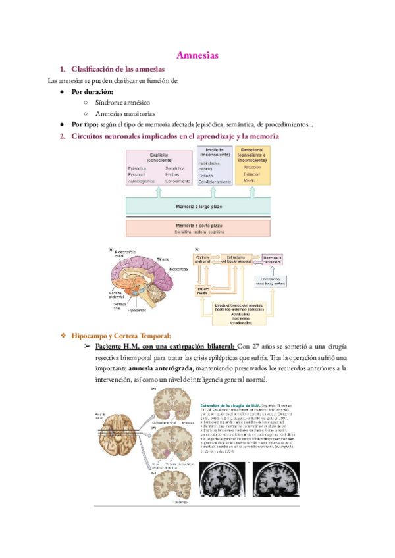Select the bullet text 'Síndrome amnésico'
(123, 103)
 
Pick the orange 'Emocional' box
(252, 165)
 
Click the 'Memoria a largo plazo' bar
(198, 207)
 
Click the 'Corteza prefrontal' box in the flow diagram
(202, 259)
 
